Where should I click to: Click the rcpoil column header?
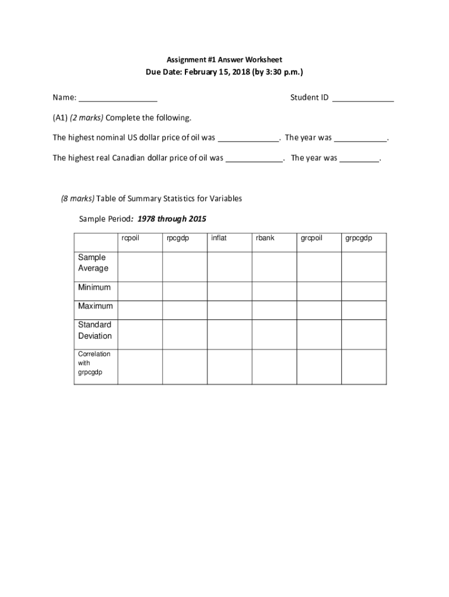[131, 238]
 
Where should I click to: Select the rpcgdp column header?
[177, 238]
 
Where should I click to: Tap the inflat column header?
[219, 238]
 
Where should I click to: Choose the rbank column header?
[265, 238]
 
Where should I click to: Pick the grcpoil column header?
[311, 238]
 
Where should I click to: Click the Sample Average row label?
[93, 263]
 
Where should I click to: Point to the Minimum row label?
[94, 287]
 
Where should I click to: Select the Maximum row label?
[96, 306]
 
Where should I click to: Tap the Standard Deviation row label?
[95, 330]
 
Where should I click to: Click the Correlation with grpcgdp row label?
[94, 363]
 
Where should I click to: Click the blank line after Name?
[118, 99]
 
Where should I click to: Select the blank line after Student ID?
[363, 99]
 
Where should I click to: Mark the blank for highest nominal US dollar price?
[248, 139]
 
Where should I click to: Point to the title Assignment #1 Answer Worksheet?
[224, 60]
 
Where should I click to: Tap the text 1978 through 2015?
[171, 219]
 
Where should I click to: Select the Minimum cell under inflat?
[229, 291]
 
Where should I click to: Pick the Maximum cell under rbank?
[274, 310]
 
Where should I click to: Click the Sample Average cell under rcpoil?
[140, 266]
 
